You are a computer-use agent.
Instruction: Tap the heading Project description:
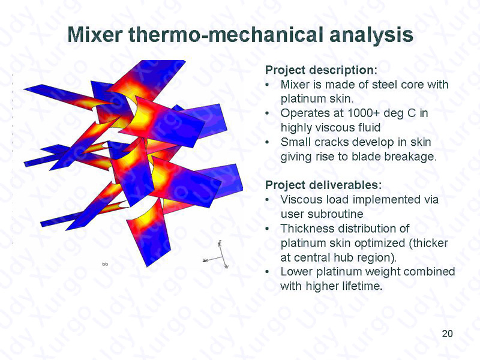321,70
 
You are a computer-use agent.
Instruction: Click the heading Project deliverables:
323,185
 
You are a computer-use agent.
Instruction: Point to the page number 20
447,334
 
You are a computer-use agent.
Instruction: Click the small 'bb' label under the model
105,264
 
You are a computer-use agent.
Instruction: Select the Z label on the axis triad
220,242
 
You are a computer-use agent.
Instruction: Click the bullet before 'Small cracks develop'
268,143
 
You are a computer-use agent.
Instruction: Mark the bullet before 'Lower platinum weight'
268,272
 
